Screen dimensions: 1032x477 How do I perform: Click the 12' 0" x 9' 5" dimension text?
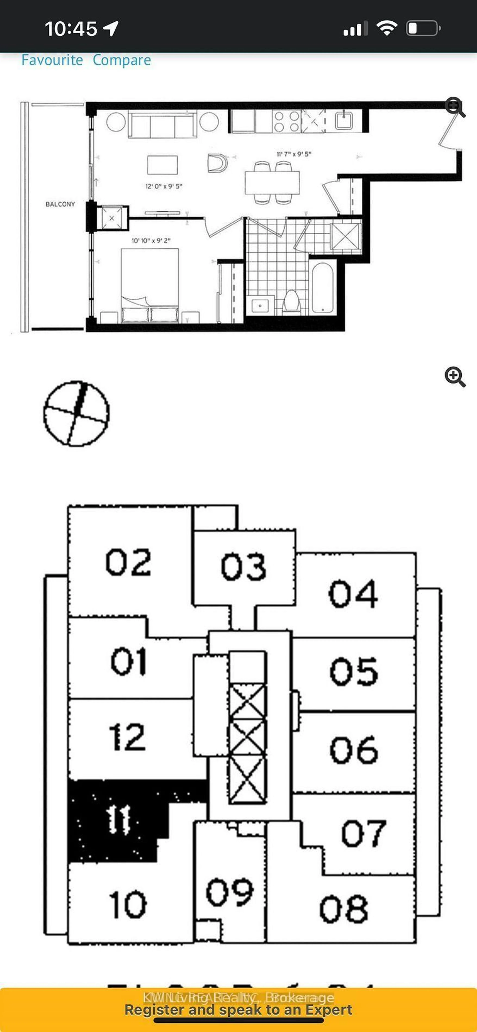tap(164, 186)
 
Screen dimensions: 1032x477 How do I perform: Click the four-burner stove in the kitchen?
tap(286, 121)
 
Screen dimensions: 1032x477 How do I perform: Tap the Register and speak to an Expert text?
tap(238, 1010)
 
